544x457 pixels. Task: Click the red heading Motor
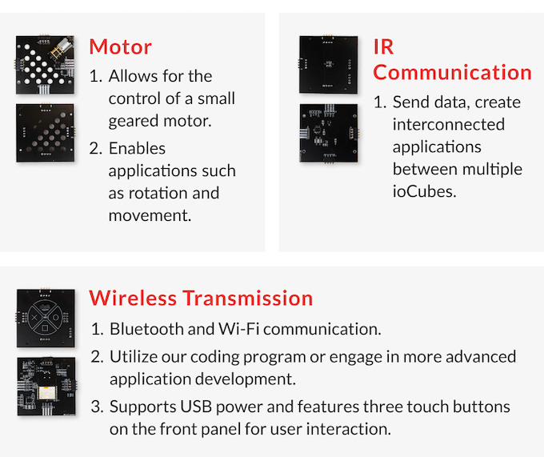tap(120, 47)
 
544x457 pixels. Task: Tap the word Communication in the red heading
tap(453, 73)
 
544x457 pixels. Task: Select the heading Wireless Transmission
tap(201, 298)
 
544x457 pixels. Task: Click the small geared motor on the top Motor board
tap(62, 48)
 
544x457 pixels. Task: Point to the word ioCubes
tap(424, 191)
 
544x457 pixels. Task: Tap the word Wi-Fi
tap(238, 329)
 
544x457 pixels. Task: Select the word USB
tap(196, 407)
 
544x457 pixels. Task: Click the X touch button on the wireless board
tap(34, 318)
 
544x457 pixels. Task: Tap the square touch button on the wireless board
tap(45, 328)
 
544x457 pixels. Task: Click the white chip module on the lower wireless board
tap(46, 392)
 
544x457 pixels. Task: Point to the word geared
tap(134, 122)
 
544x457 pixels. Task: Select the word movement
tap(150, 216)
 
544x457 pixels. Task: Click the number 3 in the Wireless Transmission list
tap(96, 407)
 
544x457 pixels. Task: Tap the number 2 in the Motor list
tap(95, 149)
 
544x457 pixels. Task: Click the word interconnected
tap(449, 125)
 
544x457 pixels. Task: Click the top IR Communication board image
tap(329, 65)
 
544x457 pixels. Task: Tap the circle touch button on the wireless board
tap(56, 318)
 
